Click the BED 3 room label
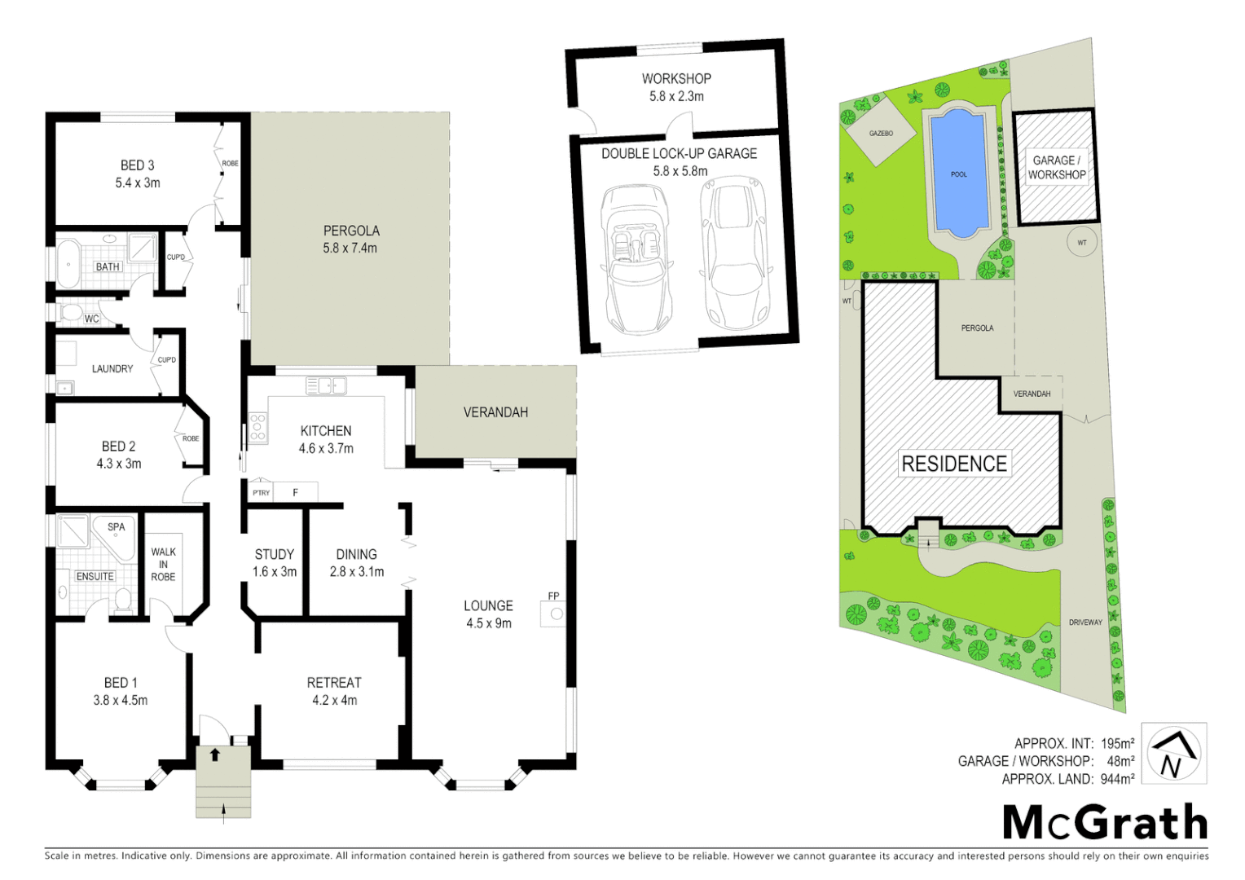tap(137, 165)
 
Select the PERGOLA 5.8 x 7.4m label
tap(351, 240)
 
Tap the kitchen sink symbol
tap(326, 385)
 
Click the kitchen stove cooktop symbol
tap(257, 428)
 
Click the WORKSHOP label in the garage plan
tap(676, 79)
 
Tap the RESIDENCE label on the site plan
tap(954, 464)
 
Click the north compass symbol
tap(1173, 754)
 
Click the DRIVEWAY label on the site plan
tap(1085, 623)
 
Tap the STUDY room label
tap(274, 554)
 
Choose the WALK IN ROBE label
tap(163, 564)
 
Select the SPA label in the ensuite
tap(117, 527)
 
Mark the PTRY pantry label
tap(261, 493)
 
